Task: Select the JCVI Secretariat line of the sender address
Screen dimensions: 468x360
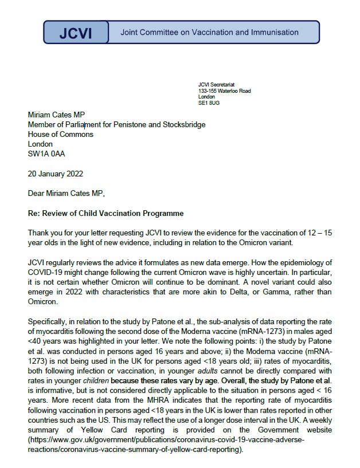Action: click(x=216, y=85)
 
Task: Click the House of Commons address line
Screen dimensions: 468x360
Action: click(x=61, y=135)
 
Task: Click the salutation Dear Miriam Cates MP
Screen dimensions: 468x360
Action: click(x=68, y=194)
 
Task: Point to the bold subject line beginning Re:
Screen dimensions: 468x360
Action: click(x=106, y=214)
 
